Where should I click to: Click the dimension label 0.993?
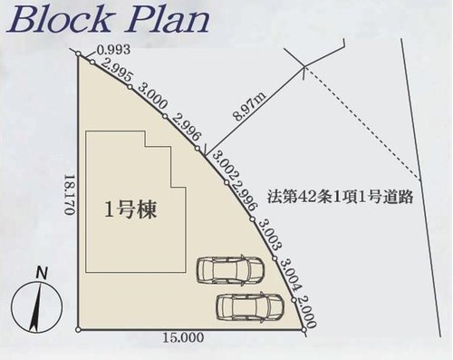(113, 50)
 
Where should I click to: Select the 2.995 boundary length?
(117, 71)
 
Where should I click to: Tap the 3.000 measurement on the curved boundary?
(152, 96)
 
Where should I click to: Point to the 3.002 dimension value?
(226, 165)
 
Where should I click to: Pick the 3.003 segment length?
(268, 235)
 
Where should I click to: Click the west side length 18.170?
(70, 194)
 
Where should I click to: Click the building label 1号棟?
(130, 209)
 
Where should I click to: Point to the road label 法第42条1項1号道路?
(340, 197)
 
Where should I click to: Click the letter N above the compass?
(42, 273)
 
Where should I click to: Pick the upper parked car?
(230, 270)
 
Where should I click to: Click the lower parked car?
(250, 306)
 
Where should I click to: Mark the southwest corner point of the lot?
(79, 330)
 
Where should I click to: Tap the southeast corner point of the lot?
(304, 330)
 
